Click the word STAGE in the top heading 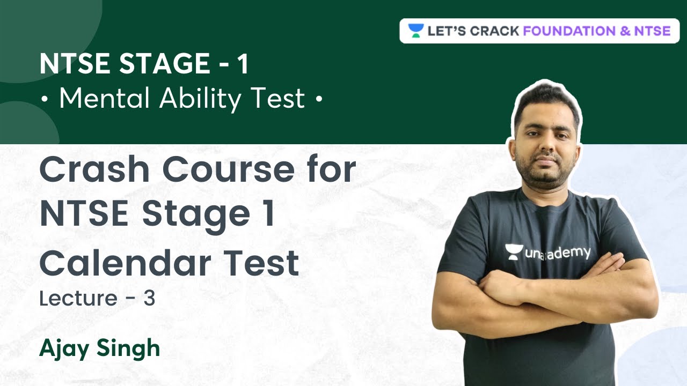164,64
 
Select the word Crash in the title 94,170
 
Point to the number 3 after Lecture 149,299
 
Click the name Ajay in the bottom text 64,348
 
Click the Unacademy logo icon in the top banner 415,31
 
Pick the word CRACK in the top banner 494,31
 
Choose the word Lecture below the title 78,299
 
